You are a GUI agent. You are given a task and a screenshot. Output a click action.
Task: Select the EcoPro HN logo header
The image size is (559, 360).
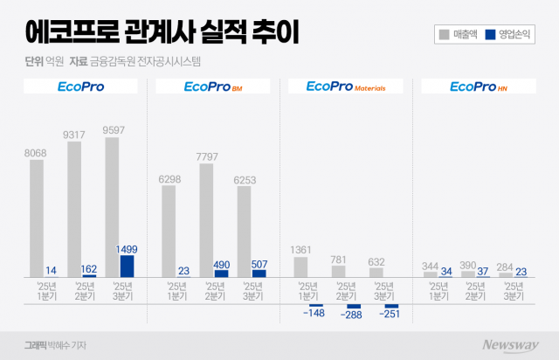tap(478, 87)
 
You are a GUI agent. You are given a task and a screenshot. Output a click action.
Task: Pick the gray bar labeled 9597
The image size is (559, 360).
tap(112, 207)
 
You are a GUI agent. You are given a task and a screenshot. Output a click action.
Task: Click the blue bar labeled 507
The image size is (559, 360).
tap(259, 273)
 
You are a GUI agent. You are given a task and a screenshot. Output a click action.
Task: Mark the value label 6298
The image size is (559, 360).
tap(169, 180)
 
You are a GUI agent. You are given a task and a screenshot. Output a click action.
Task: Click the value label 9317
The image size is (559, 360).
tap(74, 135)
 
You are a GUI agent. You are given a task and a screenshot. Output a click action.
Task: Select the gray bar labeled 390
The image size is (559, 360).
tap(468, 274)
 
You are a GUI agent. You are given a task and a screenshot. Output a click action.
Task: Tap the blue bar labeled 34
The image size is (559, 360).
tap(445, 276)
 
